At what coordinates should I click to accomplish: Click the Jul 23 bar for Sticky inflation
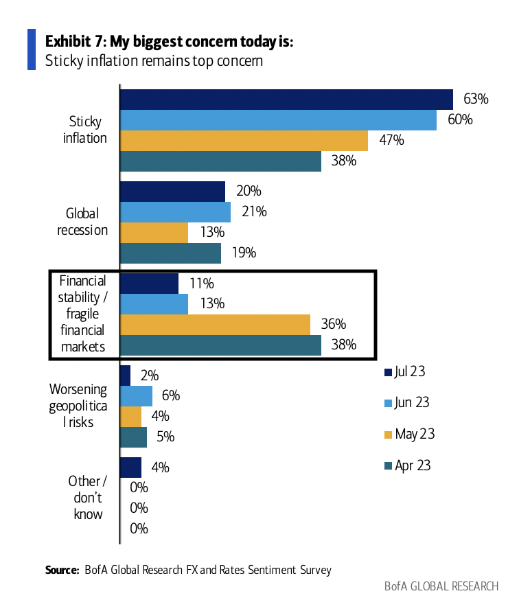coord(286,99)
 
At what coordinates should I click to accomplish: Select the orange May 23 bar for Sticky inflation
coord(244,141)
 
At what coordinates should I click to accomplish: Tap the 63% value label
coord(474,99)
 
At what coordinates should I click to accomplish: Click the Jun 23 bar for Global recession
coord(175,212)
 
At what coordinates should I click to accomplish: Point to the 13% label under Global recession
coord(207,233)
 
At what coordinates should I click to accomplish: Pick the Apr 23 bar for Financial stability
coord(220,345)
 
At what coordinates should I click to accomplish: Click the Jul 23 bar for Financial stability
coord(149,284)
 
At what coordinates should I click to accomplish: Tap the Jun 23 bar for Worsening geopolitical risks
coord(136,396)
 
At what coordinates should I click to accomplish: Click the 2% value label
coord(148,376)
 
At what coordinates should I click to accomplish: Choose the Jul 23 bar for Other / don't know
coord(130,468)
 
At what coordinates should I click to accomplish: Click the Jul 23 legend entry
coord(405,372)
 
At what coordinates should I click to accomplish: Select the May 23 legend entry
coord(409,435)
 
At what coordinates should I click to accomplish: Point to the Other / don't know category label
coord(87,497)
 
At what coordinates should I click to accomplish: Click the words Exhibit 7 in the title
coord(71,41)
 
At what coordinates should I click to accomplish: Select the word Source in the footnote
coord(62,570)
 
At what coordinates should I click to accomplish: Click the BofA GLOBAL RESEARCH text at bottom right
coord(441,586)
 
